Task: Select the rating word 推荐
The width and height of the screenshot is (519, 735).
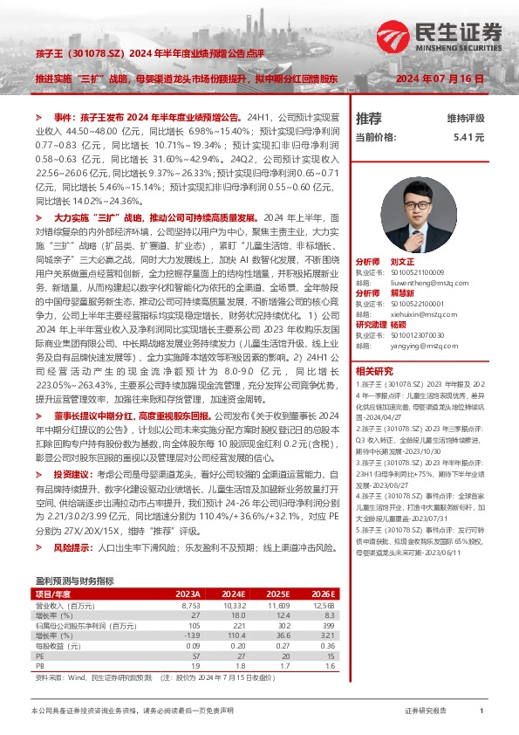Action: pos(369,119)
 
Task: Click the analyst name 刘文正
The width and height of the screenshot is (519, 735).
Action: pos(403,261)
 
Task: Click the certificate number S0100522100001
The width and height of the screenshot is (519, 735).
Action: pos(413,303)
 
